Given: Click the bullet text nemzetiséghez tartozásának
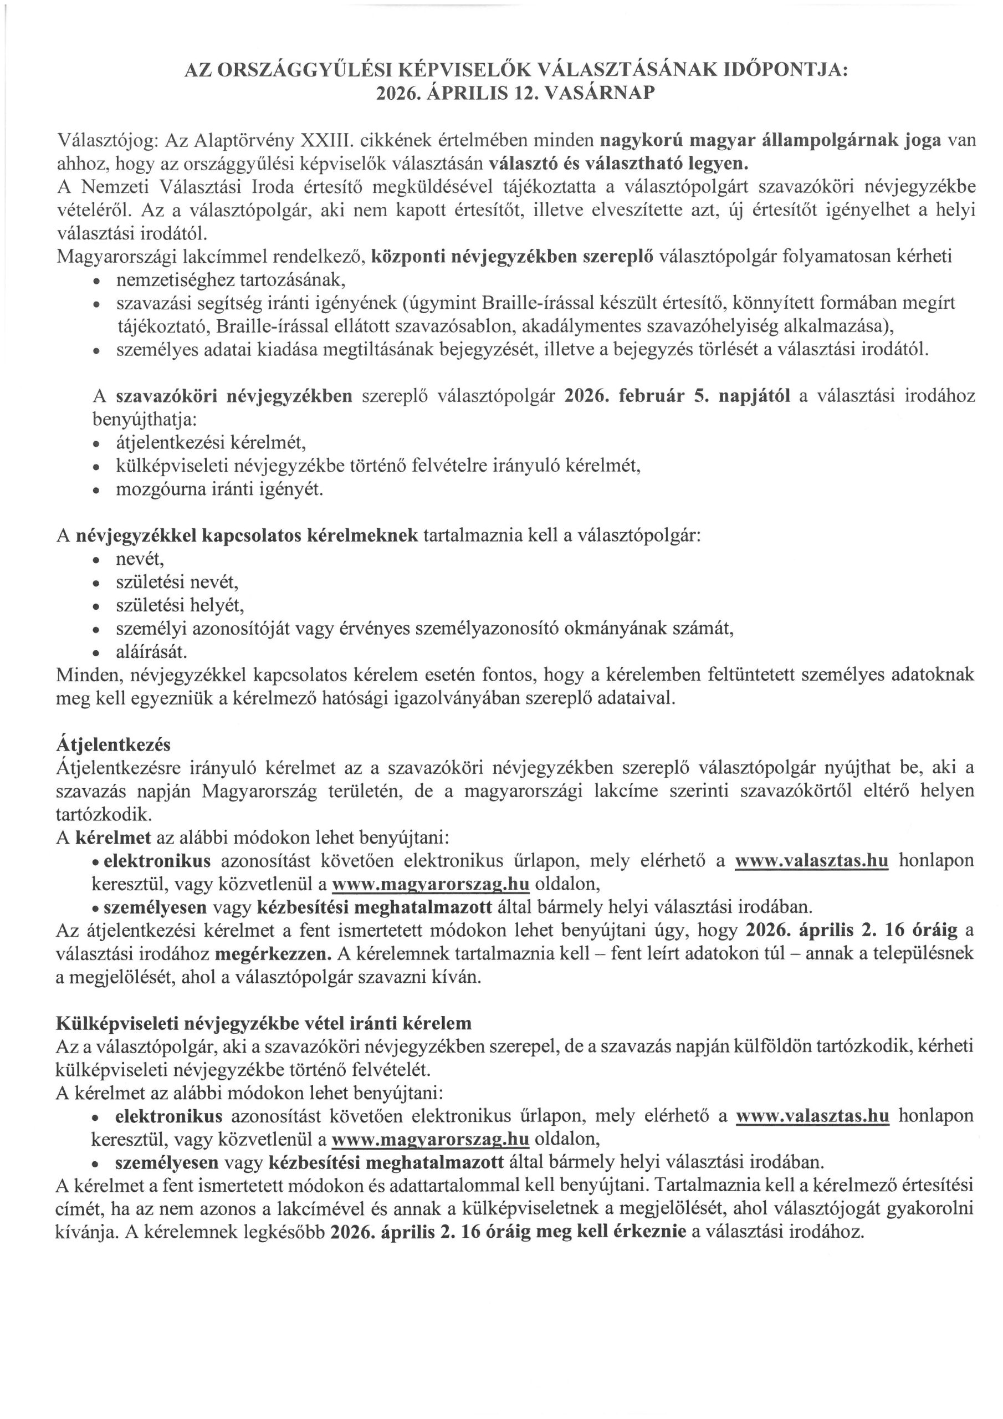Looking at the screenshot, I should (231, 280).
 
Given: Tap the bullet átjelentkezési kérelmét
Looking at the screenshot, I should (211, 442).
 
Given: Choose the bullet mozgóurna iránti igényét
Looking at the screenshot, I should (219, 489).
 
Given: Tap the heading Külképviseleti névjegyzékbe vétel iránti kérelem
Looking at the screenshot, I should (263, 1023).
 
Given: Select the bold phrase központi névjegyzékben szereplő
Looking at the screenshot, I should (513, 257).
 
